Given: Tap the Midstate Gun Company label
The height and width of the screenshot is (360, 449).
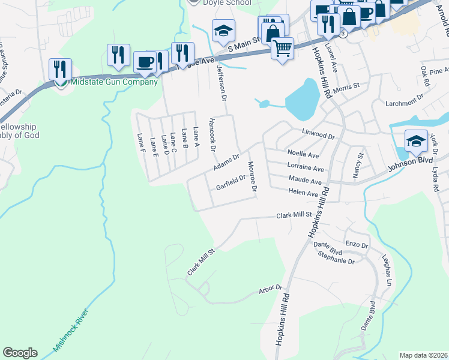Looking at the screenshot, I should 114,82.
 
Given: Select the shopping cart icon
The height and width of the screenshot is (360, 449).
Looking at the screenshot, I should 282,47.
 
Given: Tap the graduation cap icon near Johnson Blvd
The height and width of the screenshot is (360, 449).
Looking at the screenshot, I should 416,141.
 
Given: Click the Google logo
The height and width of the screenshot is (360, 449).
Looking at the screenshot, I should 20,353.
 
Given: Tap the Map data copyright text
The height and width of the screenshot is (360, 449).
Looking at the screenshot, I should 423,355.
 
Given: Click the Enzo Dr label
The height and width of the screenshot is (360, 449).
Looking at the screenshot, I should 356,245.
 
